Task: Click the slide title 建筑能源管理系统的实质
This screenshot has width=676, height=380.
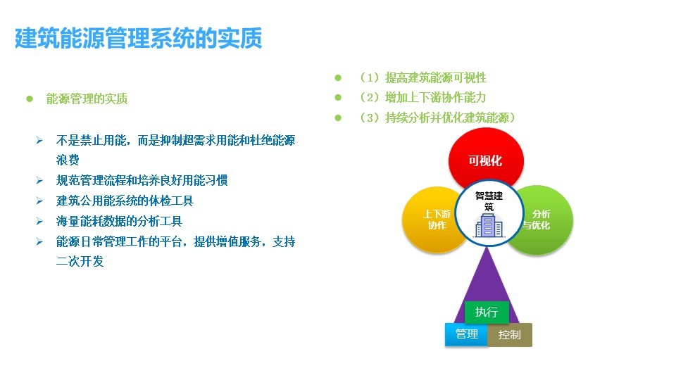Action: [139, 38]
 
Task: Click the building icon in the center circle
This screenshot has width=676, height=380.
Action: [489, 225]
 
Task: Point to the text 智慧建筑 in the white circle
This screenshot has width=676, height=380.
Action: [489, 201]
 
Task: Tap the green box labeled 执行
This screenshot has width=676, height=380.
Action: [487, 312]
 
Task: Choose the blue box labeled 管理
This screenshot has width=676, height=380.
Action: [466, 334]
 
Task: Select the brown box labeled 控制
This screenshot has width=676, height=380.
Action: [510, 334]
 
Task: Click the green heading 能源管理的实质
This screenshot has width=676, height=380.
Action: [87, 99]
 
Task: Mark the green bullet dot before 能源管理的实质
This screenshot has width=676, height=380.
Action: [30, 99]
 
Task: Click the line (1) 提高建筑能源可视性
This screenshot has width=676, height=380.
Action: [422, 77]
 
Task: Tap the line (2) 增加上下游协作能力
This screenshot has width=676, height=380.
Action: [422, 97]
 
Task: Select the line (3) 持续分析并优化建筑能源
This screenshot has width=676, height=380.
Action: [437, 118]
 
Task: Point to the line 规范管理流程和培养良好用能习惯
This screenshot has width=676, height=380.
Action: [142, 180]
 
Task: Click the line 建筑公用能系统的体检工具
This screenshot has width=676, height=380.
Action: [125, 201]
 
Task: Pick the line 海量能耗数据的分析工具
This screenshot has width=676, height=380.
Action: [119, 221]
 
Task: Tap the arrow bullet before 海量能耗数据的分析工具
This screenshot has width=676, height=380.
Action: [39, 221]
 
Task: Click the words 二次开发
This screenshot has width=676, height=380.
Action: [80, 261]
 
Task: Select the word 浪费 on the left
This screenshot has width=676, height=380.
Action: [68, 160]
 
